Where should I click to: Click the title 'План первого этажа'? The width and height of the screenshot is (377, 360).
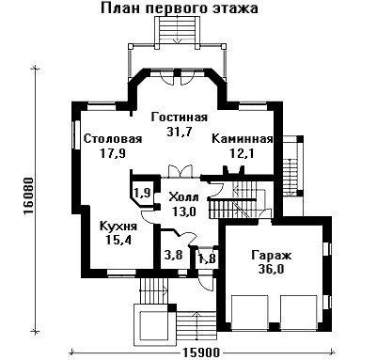coord(180,8)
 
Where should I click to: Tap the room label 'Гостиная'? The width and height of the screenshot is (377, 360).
coord(180,117)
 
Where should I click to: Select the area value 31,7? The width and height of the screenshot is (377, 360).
coord(179,132)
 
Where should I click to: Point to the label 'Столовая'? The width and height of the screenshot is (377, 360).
coord(113,138)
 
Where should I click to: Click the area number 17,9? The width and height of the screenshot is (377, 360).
coord(113,153)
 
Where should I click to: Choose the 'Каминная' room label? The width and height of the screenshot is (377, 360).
coord(243,138)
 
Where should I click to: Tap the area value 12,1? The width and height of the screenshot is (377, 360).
coord(242,153)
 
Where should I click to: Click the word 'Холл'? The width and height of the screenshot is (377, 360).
coord(183,197)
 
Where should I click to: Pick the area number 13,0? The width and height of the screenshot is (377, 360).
coord(184,211)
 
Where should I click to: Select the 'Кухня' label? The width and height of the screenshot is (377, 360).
coord(118,227)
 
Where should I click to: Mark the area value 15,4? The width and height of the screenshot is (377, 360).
coord(118,240)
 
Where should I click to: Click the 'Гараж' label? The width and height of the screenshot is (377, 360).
coord(272,256)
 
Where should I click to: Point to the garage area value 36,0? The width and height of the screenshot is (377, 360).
coord(272,270)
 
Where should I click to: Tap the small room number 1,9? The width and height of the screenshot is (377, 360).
coord(143,193)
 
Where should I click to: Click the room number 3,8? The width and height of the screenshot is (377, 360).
coord(173,256)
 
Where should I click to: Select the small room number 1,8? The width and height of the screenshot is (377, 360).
coord(208,258)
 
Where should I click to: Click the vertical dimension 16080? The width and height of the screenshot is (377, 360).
coord(28,196)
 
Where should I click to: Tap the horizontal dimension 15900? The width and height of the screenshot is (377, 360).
coord(200,352)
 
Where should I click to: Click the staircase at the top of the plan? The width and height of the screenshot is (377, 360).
coord(178,30)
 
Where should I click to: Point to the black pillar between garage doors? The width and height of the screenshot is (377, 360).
coord(275,326)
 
